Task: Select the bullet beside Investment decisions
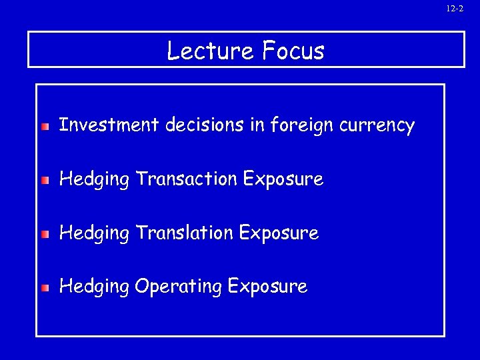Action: pos(45,126)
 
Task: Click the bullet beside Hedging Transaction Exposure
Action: pos(45,180)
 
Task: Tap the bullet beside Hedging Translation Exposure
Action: pos(45,235)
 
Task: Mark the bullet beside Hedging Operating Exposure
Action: pos(45,288)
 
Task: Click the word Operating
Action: pos(178,288)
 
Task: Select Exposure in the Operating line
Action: pos(267,288)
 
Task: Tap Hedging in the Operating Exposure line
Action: pos(94,288)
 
